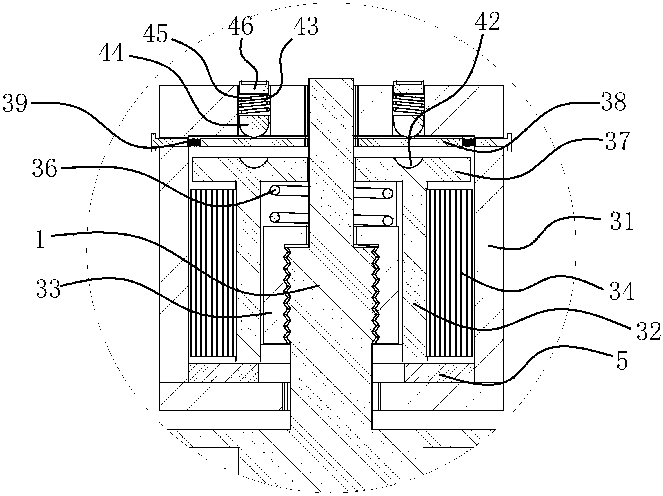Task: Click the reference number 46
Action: coord(240,26)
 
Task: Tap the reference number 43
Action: coord(306,26)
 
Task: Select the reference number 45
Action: coord(155,34)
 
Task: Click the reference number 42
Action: coord(488,21)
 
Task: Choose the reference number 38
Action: coord(613,102)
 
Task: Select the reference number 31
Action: coord(622,221)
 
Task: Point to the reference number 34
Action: coord(622,291)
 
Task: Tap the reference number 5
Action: coord(622,361)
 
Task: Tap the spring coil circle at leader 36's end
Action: coord(275,190)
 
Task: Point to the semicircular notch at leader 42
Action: coord(409,162)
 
